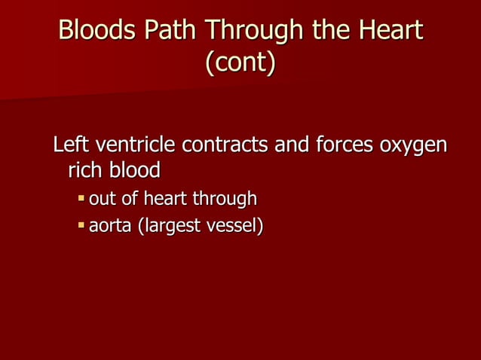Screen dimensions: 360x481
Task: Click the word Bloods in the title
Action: click(x=97, y=31)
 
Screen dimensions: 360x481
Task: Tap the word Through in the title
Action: click(x=251, y=31)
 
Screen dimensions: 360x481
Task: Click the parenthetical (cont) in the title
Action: click(x=240, y=63)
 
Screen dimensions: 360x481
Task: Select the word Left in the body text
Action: click(x=69, y=144)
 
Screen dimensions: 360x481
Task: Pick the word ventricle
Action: click(x=132, y=144)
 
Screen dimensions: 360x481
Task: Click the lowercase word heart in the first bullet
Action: click(x=166, y=200)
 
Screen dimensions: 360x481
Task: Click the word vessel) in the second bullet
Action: click(x=234, y=225)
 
